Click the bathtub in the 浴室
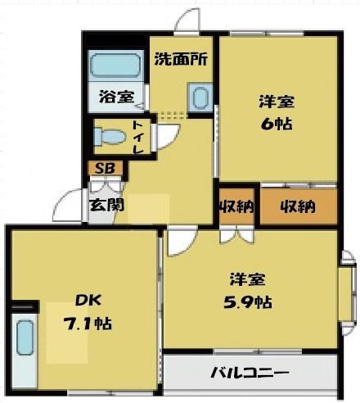115,66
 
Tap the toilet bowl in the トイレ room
110,136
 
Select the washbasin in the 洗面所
200,97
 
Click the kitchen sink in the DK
25,339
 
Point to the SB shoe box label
105,169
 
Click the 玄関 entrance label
106,205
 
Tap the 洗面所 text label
181,59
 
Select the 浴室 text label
116,97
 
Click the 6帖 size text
277,125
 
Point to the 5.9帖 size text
247,302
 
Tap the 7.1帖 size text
88,324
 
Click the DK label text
88,301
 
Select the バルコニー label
250,373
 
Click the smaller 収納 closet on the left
237,206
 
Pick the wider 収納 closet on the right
299,206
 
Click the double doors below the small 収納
236,236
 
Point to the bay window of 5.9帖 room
349,292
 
